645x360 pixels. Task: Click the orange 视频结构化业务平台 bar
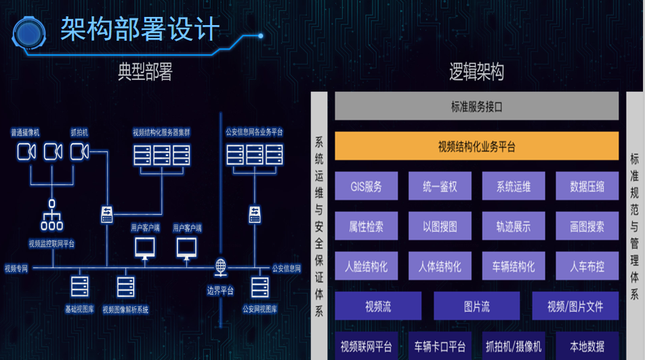[476, 146]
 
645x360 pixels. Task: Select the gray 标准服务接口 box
[476, 106]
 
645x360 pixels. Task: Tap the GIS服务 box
[366, 186]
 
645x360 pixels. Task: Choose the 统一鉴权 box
[440, 186]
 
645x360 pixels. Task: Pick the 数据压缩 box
[587, 186]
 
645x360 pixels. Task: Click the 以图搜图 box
[440, 226]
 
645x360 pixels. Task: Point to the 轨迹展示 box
[514, 226]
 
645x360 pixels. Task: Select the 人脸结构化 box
[366, 266]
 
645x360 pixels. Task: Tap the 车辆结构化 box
[514, 266]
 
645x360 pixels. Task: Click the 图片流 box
[477, 306]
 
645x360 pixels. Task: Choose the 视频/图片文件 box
[575, 306]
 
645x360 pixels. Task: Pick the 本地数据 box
[587, 346]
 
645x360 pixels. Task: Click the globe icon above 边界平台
[220, 267]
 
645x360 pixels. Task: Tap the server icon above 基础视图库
[80, 286]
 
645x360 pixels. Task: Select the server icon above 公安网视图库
[260, 287]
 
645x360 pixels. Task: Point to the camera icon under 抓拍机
[79, 151]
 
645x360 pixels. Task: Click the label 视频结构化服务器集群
[161, 132]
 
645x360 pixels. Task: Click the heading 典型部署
[145, 72]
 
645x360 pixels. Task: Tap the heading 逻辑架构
[476, 72]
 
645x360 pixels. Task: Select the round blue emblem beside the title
[28, 33]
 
